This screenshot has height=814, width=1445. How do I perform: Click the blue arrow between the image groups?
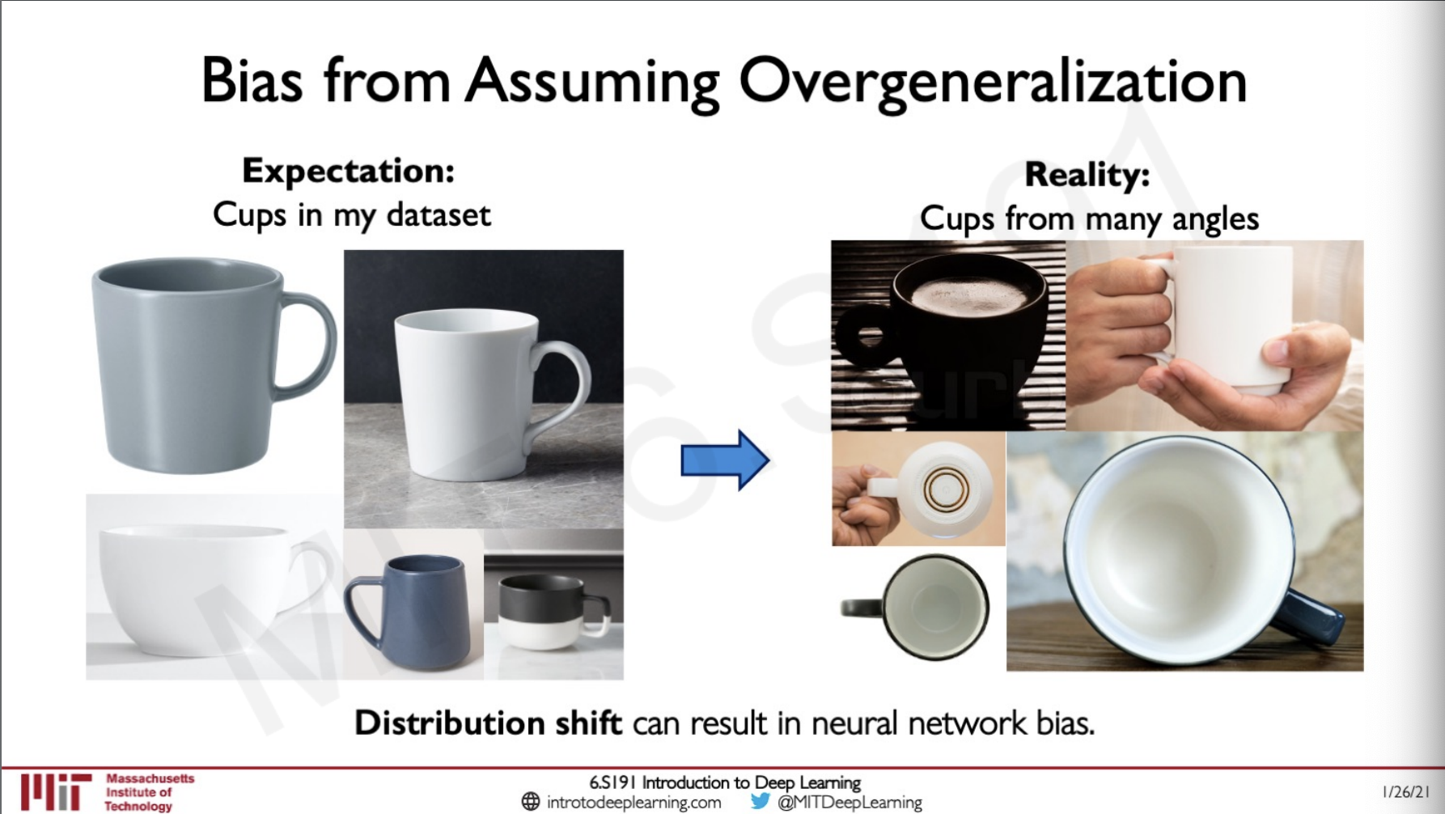pos(725,460)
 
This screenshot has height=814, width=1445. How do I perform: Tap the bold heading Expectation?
pos(349,172)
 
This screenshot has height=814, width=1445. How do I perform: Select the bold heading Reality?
pos(1087,175)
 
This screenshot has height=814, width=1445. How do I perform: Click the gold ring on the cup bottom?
pos(942,488)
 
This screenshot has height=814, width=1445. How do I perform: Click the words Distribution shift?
pos(488,723)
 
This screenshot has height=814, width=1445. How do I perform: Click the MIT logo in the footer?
pos(57,791)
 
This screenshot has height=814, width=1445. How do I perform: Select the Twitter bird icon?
pos(760,801)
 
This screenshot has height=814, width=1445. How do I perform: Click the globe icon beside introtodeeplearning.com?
pos(531,802)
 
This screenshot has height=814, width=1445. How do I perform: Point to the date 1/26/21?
pos(1406,792)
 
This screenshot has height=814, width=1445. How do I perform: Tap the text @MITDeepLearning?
pos(850,803)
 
